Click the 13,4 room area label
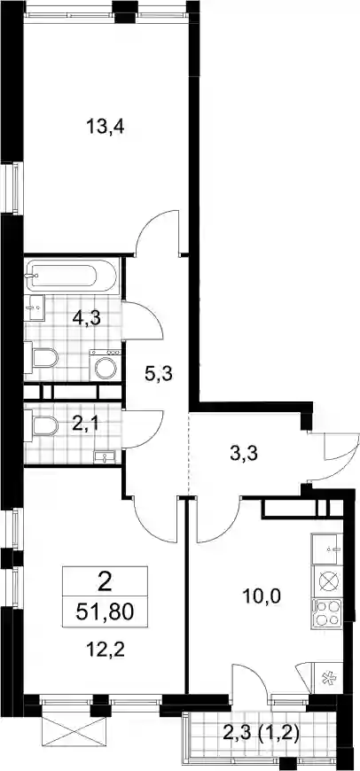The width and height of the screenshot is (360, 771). (x=106, y=128)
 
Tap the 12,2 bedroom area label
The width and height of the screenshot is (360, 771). (x=105, y=650)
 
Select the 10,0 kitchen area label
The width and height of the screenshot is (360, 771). (x=262, y=597)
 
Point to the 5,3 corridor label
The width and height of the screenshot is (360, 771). (x=158, y=375)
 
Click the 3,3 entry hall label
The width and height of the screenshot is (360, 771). (x=244, y=454)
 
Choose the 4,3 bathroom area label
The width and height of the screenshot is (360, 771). (x=87, y=319)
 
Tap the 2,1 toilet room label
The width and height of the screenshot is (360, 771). (x=85, y=424)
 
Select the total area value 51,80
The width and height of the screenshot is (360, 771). (x=105, y=613)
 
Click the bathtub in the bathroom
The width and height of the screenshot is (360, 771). (x=71, y=275)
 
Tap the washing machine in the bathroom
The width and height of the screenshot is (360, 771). (x=106, y=365)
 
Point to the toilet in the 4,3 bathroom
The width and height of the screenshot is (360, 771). (x=42, y=357)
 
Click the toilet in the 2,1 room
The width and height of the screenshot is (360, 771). (x=42, y=426)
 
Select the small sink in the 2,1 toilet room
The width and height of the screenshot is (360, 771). (x=105, y=457)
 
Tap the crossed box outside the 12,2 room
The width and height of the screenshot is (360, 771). (x=74, y=733)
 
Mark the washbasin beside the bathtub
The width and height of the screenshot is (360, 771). (x=35, y=308)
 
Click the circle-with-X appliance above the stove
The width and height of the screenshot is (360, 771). (x=327, y=581)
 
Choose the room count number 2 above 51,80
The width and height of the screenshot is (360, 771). (x=105, y=584)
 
